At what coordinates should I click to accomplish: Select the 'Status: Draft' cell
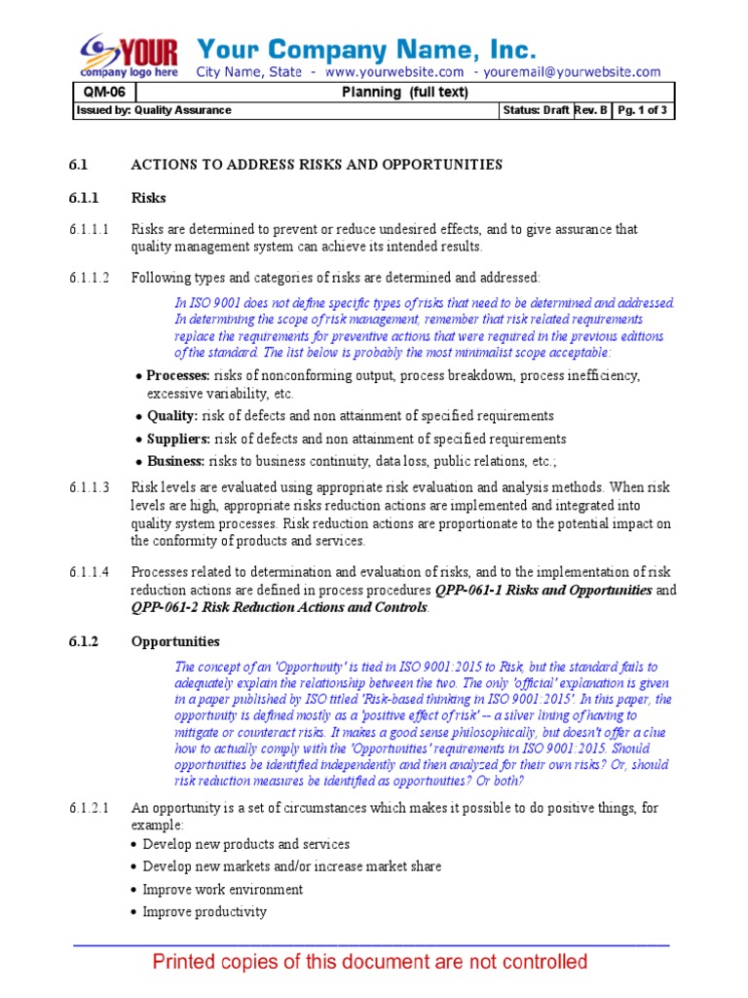pyautogui.click(x=535, y=110)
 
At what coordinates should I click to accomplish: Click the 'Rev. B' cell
pyautogui.click(x=592, y=110)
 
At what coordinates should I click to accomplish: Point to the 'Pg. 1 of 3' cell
pyautogui.click(x=642, y=110)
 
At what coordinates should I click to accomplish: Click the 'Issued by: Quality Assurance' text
pyautogui.click(x=153, y=110)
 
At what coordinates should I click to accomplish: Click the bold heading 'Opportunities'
pyautogui.click(x=175, y=642)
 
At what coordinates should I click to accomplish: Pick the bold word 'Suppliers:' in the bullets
pyautogui.click(x=179, y=439)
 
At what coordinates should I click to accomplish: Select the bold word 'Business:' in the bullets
pyautogui.click(x=176, y=461)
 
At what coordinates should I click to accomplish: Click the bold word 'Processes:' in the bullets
pyautogui.click(x=177, y=375)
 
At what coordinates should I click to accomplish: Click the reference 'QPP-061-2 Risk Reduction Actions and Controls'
pyautogui.click(x=279, y=607)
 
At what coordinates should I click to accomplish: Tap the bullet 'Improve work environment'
pyautogui.click(x=222, y=889)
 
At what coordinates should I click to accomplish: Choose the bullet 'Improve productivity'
pyautogui.click(x=205, y=912)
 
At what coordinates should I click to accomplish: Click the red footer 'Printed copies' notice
pyautogui.click(x=371, y=963)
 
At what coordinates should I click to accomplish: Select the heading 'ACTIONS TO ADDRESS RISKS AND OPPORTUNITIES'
pyautogui.click(x=317, y=165)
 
